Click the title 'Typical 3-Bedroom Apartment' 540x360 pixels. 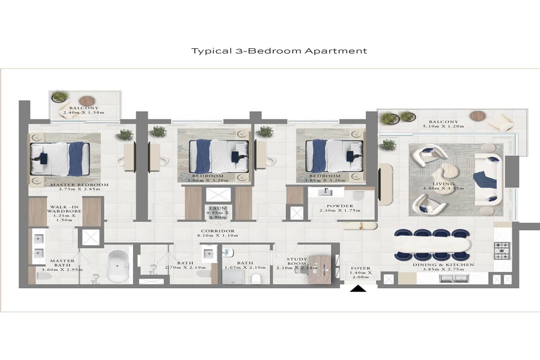(279, 51)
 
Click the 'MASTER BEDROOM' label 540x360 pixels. (79, 184)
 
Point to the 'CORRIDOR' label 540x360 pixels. (218, 231)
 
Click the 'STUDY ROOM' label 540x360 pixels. (297, 262)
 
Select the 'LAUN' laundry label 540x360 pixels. (218, 208)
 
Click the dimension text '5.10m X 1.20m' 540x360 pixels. (443, 126)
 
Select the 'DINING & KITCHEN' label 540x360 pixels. (443, 265)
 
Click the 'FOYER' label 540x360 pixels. (360, 268)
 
